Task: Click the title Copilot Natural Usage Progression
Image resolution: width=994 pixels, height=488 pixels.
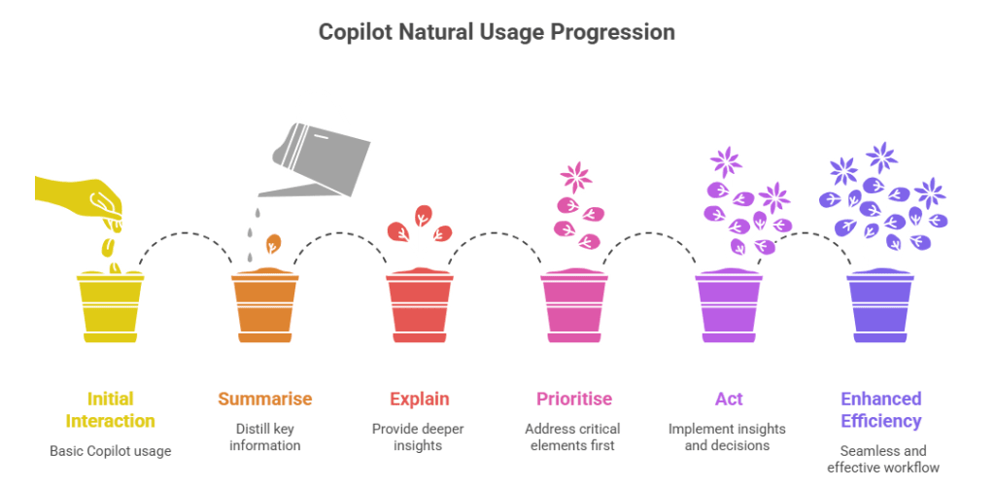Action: coord(497,32)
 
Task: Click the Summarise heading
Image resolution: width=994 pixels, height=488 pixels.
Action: coord(264,399)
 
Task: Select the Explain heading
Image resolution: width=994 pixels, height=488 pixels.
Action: coord(419,399)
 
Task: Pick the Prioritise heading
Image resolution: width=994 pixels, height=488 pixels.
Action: coord(573,399)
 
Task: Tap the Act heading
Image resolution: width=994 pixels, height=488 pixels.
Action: coord(729,399)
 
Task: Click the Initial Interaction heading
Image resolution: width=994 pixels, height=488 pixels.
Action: coord(110,409)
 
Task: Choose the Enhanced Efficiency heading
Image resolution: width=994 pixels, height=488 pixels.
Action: coord(880,409)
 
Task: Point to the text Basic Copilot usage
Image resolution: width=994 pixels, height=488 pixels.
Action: coord(110,451)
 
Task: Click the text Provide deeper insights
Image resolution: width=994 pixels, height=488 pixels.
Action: coord(419,436)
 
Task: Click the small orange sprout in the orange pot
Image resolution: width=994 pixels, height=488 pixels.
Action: coord(274,243)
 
